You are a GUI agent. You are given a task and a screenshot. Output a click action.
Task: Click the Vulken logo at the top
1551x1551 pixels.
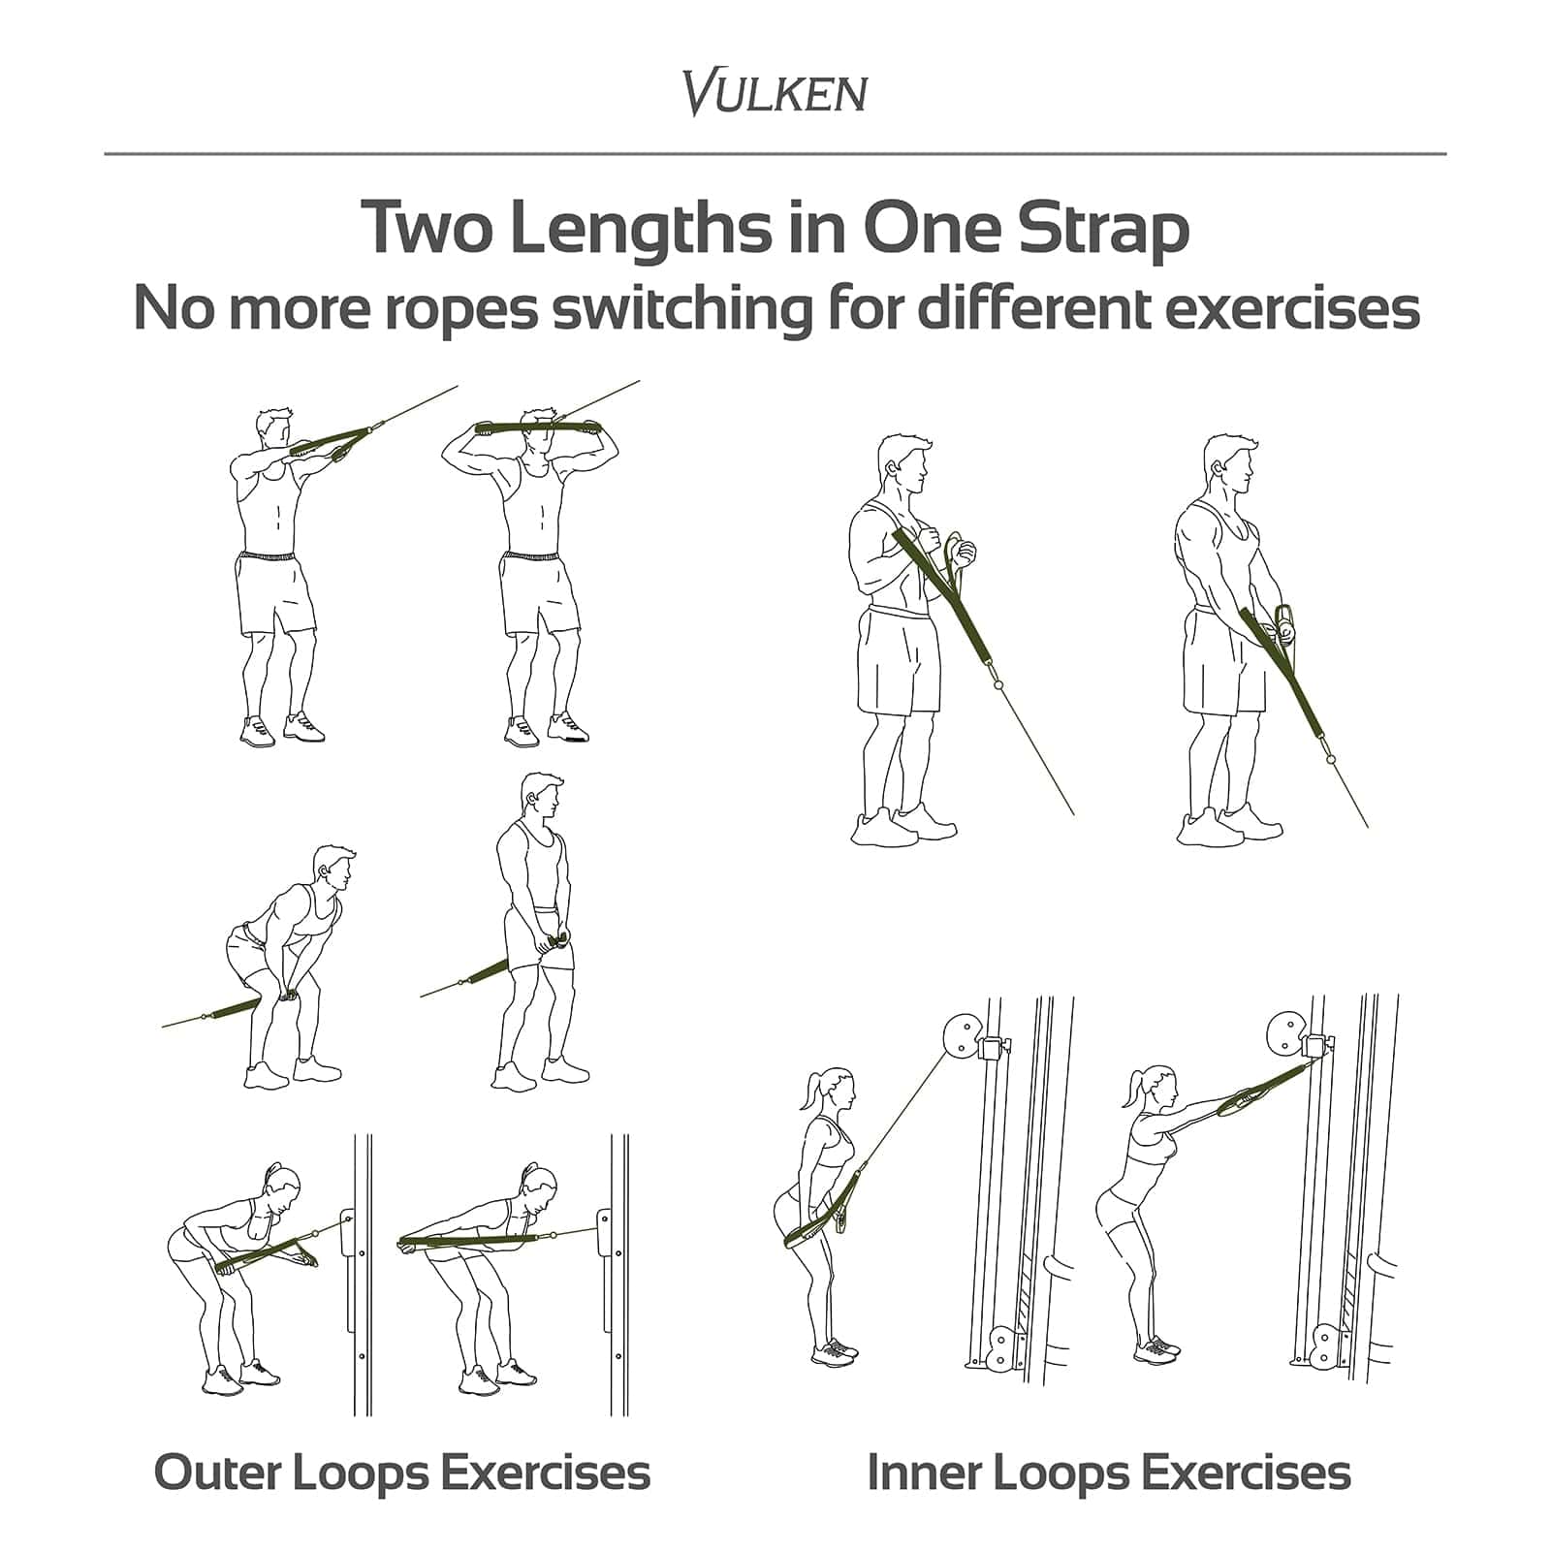[775, 93]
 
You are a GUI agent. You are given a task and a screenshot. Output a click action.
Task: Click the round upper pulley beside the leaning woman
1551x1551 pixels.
[961, 1035]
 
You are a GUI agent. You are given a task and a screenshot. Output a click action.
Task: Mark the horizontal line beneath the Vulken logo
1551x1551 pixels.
[775, 153]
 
